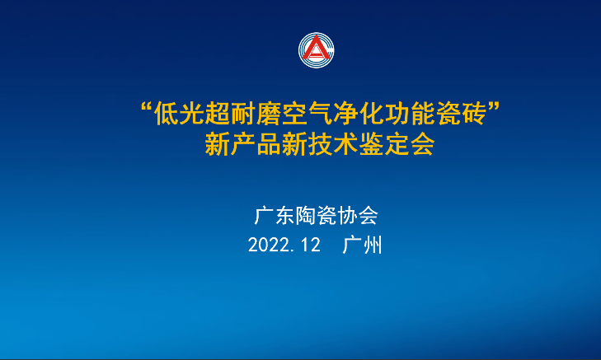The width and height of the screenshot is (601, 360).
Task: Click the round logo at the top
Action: (x=317, y=50)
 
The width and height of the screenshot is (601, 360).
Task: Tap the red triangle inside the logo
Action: (x=317, y=49)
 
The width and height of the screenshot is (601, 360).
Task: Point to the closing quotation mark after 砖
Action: (x=494, y=107)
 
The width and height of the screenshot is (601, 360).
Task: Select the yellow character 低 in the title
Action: (x=166, y=114)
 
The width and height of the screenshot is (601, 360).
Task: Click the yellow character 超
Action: (x=218, y=114)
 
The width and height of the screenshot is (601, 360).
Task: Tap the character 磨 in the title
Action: (x=269, y=114)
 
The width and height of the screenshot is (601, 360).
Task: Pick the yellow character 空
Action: (x=294, y=114)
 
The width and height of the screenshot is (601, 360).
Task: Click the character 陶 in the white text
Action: (x=306, y=216)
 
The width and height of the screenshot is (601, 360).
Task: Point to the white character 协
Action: (x=347, y=216)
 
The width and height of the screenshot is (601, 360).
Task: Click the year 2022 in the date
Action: (x=268, y=245)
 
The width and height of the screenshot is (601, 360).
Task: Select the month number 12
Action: (x=311, y=245)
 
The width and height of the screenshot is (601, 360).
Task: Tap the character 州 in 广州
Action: (x=373, y=245)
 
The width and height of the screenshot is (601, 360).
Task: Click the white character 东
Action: (x=285, y=216)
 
